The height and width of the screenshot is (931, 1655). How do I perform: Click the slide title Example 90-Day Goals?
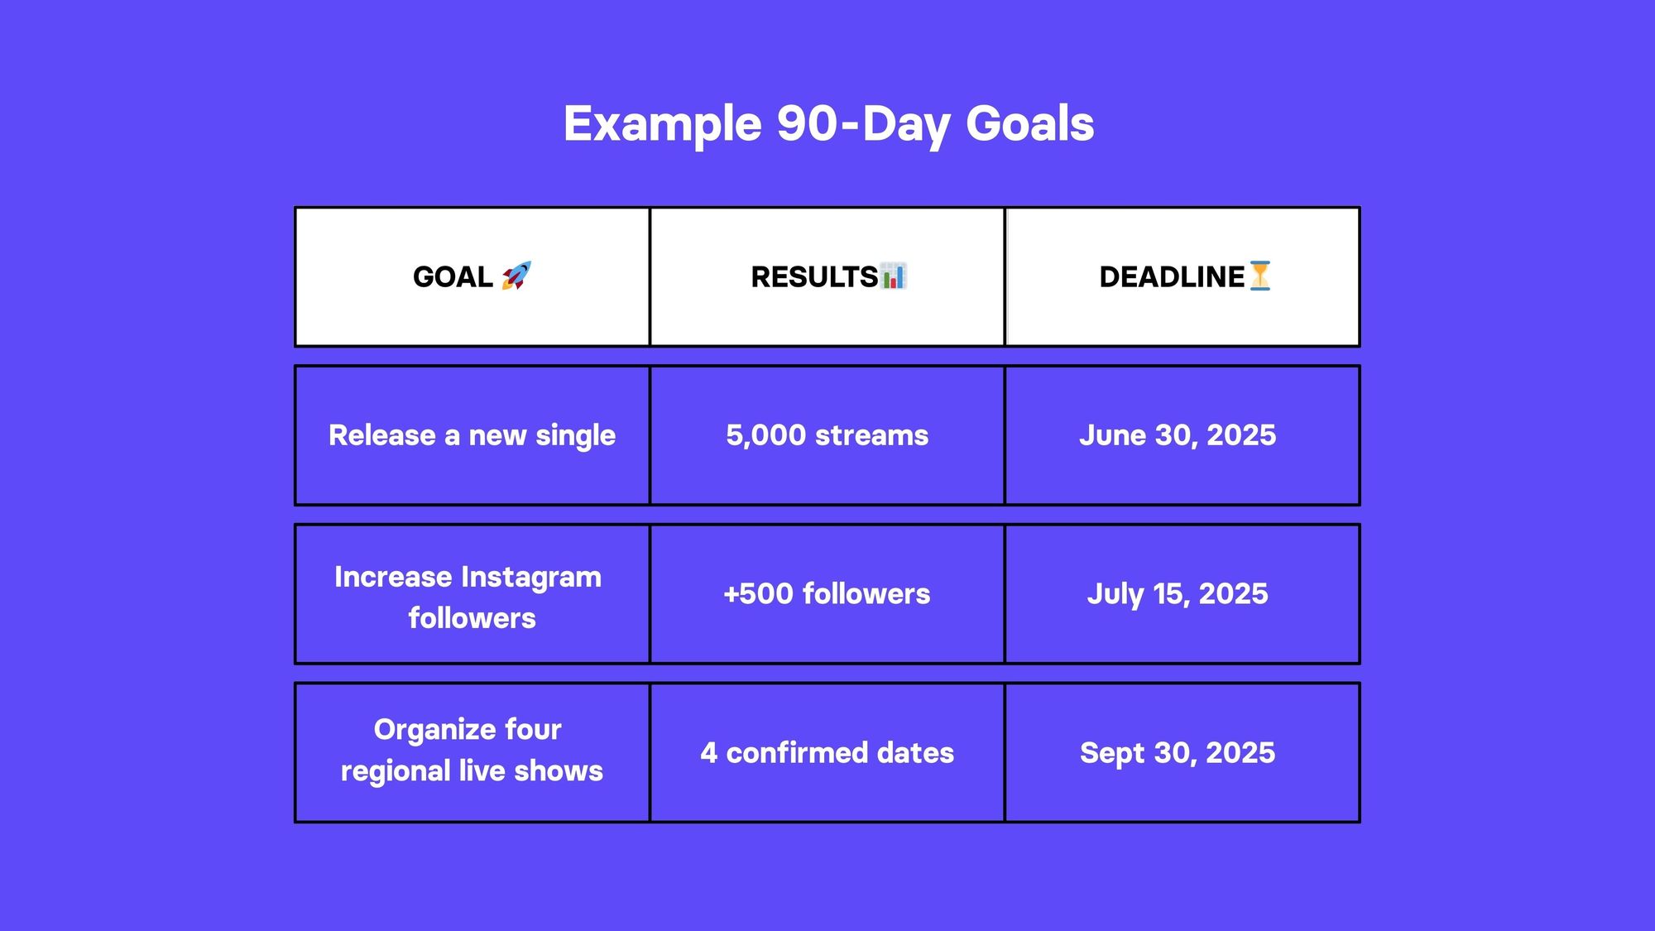pyautogui.click(x=828, y=124)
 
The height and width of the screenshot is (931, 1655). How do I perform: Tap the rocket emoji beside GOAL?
pyautogui.click(x=516, y=276)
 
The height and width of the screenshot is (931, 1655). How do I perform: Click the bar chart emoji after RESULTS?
pyautogui.click(x=893, y=276)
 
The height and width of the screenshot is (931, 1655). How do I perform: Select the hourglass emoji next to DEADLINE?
pyautogui.click(x=1259, y=276)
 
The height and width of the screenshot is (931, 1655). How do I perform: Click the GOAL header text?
pyautogui.click(x=453, y=276)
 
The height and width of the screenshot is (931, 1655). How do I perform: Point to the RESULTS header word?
pyautogui.click(x=814, y=276)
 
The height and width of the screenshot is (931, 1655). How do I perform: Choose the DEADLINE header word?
pyautogui.click(x=1172, y=276)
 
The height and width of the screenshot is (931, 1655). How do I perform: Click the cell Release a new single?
pyautogui.click(x=472, y=435)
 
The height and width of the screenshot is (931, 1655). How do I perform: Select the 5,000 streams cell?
pyautogui.click(x=827, y=435)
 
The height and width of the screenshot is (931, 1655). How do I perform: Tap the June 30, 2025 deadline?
pyautogui.click(x=1178, y=435)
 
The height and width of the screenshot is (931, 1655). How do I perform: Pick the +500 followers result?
pyautogui.click(x=827, y=593)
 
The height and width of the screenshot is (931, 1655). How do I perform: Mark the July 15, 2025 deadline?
pyautogui.click(x=1178, y=594)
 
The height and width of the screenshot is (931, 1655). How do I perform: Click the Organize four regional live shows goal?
pyautogui.click(x=472, y=750)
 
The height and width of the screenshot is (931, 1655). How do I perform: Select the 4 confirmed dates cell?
pyautogui.click(x=827, y=752)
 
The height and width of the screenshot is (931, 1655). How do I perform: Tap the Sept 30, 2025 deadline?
pyautogui.click(x=1178, y=753)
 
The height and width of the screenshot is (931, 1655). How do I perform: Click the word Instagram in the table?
pyautogui.click(x=530, y=578)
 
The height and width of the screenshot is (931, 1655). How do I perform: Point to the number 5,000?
pyautogui.click(x=765, y=435)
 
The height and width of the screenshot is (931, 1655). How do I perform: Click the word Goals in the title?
pyautogui.click(x=1030, y=124)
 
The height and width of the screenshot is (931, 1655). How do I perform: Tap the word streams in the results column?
pyautogui.click(x=872, y=435)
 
